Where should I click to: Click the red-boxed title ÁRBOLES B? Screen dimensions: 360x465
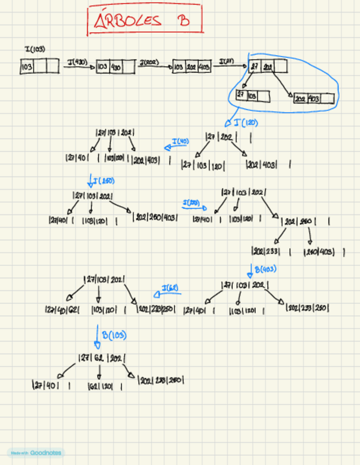click(144, 21)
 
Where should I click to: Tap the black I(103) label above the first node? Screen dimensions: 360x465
click(35, 50)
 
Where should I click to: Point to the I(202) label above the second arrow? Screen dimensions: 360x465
click(149, 63)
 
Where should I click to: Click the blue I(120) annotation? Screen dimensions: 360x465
click(246, 123)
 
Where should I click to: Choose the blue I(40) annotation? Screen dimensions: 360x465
click(180, 142)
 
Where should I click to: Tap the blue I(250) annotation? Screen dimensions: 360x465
click(104, 180)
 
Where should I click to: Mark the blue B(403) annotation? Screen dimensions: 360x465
click(265, 269)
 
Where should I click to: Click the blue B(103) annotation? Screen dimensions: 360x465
click(114, 335)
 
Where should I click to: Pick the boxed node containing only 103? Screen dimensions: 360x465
click(40, 67)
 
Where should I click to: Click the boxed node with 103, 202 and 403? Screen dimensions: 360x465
click(192, 67)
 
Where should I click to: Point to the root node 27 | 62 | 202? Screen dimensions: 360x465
click(102, 359)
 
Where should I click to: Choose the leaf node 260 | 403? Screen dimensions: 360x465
click(324, 252)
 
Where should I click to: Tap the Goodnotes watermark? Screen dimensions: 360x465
click(35, 453)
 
